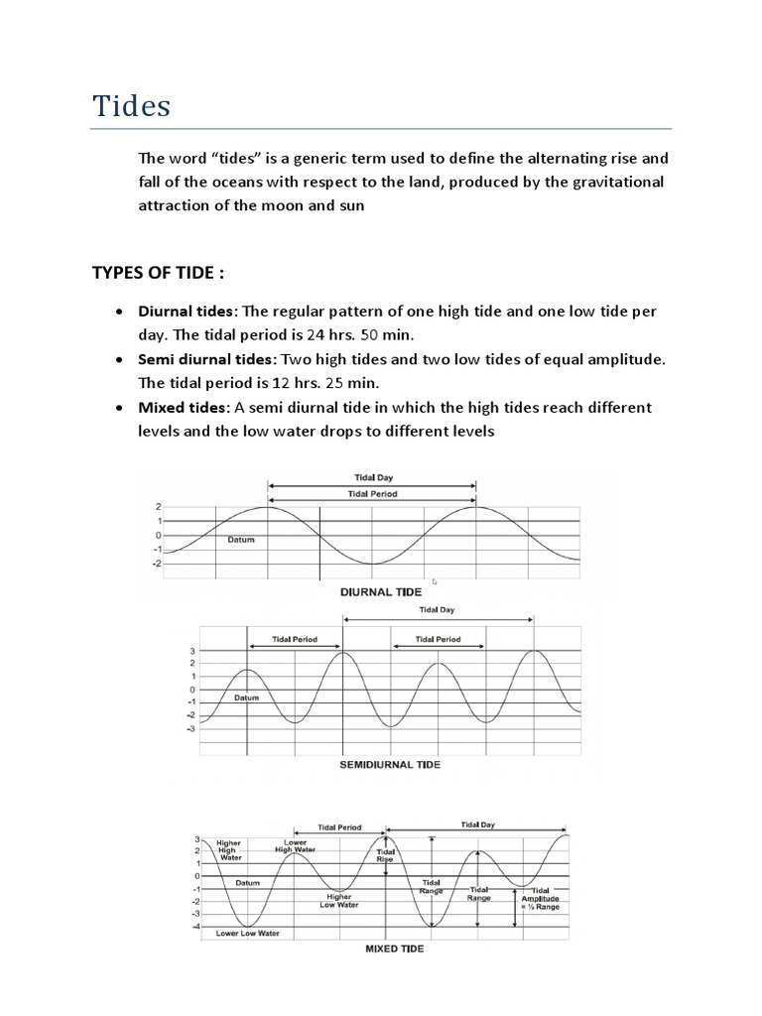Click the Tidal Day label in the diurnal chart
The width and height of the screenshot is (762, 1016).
(x=371, y=478)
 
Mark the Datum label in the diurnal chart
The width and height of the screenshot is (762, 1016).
(x=241, y=541)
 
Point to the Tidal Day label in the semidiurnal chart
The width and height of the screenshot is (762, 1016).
(x=437, y=610)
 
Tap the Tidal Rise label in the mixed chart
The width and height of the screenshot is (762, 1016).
(x=386, y=855)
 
